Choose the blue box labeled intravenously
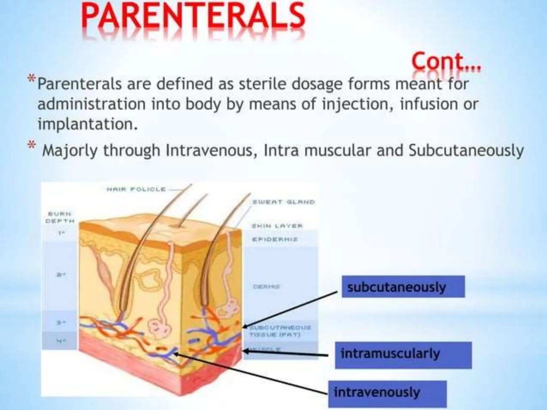click(387, 392)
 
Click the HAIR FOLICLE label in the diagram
click(136, 189)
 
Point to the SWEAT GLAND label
click(283, 202)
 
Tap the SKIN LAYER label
click(277, 226)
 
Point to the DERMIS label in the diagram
click(267, 287)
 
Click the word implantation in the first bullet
click(87, 124)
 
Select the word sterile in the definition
click(263, 84)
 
